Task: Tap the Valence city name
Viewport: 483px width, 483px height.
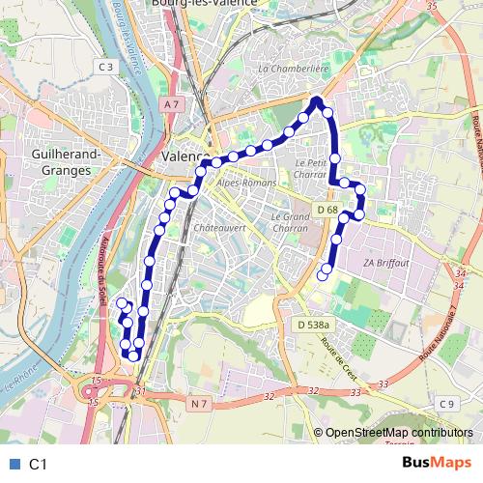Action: (185, 156)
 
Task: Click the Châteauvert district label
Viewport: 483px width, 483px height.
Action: (214, 228)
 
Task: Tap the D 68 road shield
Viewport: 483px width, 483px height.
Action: (327, 210)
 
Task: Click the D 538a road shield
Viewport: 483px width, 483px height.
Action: (314, 326)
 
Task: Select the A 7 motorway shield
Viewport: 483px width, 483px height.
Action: (172, 103)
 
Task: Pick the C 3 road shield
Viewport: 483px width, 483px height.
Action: (106, 67)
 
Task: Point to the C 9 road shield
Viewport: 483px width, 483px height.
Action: (445, 403)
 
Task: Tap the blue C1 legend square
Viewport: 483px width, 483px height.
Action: (12, 464)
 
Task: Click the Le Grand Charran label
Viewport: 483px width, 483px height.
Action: (290, 223)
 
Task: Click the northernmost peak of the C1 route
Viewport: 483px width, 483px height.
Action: (317, 100)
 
